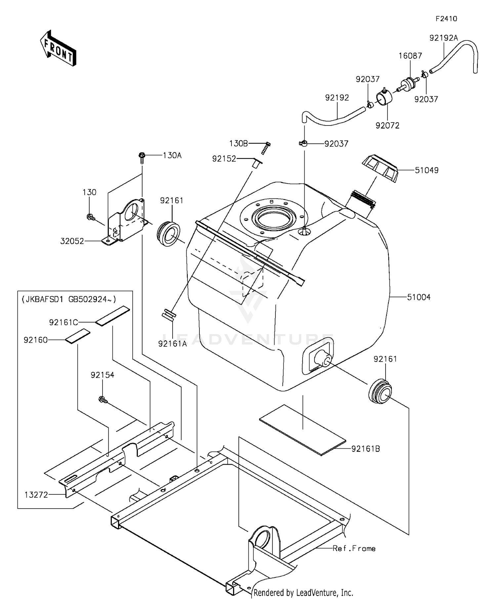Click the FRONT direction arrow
coord(58,49)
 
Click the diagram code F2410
coord(446,19)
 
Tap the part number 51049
coord(427,170)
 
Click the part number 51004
coord(419,297)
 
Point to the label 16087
coord(410,56)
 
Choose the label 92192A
coord(443,38)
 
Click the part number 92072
coord(387,125)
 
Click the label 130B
coord(238,143)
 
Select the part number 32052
coord(72,241)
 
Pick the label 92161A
coord(172,344)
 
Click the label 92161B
coord(365,449)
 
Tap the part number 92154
coord(103,375)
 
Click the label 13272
coord(36,494)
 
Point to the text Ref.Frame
coord(354,548)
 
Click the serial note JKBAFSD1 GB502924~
coord(69,299)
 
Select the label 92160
coord(36,340)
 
